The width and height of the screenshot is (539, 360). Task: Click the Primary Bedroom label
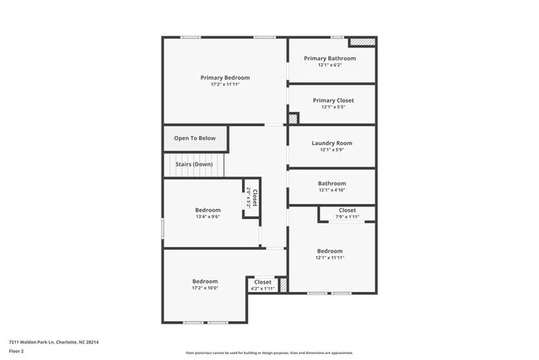click(x=225, y=77)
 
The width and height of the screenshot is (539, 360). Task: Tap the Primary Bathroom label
click(x=330, y=58)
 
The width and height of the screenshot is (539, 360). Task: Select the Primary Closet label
click(x=330, y=100)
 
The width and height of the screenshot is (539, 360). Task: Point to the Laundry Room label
click(x=332, y=143)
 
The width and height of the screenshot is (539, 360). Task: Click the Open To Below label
click(x=195, y=138)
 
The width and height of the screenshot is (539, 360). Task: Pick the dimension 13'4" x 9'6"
click(x=207, y=217)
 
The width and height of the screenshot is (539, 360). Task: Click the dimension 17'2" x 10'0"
click(x=205, y=288)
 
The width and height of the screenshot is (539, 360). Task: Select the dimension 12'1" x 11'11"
click(x=329, y=257)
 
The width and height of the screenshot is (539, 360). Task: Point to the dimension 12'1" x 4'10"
click(x=332, y=190)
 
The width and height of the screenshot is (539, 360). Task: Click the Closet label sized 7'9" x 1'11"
click(x=347, y=210)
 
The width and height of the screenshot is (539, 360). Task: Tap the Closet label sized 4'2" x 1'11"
click(x=263, y=282)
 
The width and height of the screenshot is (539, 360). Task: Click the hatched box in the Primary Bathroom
click(x=362, y=41)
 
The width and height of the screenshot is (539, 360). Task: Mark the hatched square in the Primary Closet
click(x=292, y=119)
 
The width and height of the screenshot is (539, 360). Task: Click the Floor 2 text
click(x=17, y=352)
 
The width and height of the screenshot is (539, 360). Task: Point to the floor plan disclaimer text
click(x=269, y=353)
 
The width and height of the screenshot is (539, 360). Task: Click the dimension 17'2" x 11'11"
click(x=225, y=84)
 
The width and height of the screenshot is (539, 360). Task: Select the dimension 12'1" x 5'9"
click(x=332, y=149)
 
